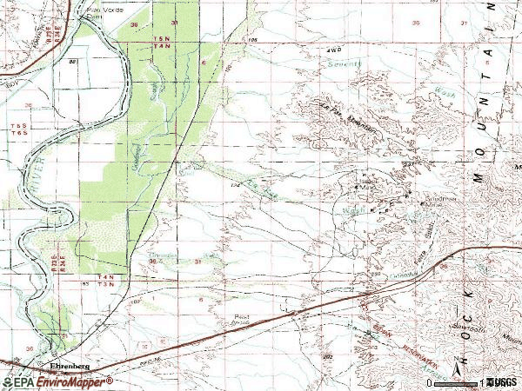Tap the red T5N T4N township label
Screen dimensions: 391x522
click(161, 43)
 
